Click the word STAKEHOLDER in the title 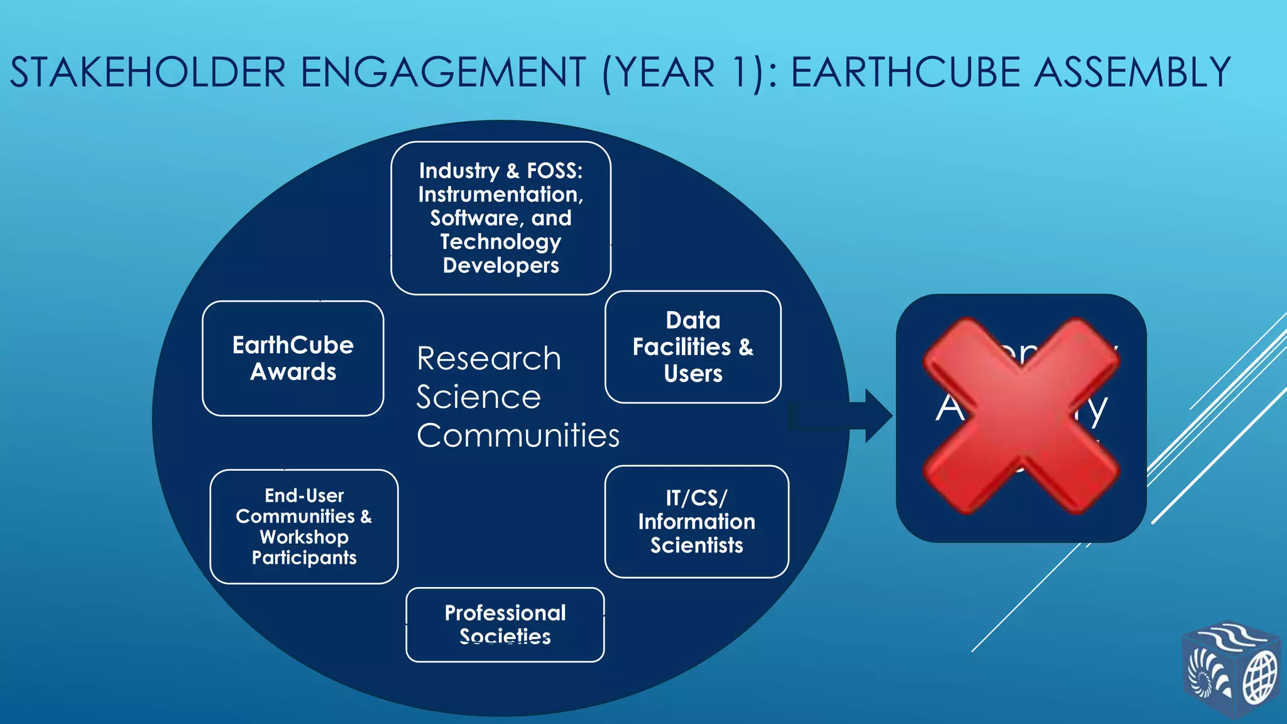coord(148,72)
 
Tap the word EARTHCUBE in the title coord(906,72)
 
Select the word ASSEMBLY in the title coord(1132,72)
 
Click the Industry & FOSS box coord(501,218)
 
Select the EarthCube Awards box coord(293,358)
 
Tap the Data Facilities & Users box coord(693,347)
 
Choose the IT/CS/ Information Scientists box coord(696,522)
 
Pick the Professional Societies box coord(505,625)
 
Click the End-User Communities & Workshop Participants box coord(304,527)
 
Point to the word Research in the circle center coord(489,359)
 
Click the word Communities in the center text coord(518,436)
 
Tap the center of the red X coord(1021,416)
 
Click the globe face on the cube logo coord(1260,678)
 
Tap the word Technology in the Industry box coord(501,242)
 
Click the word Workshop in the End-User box coord(304,537)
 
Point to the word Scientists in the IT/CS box coord(696,546)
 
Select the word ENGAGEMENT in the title coord(444,72)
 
